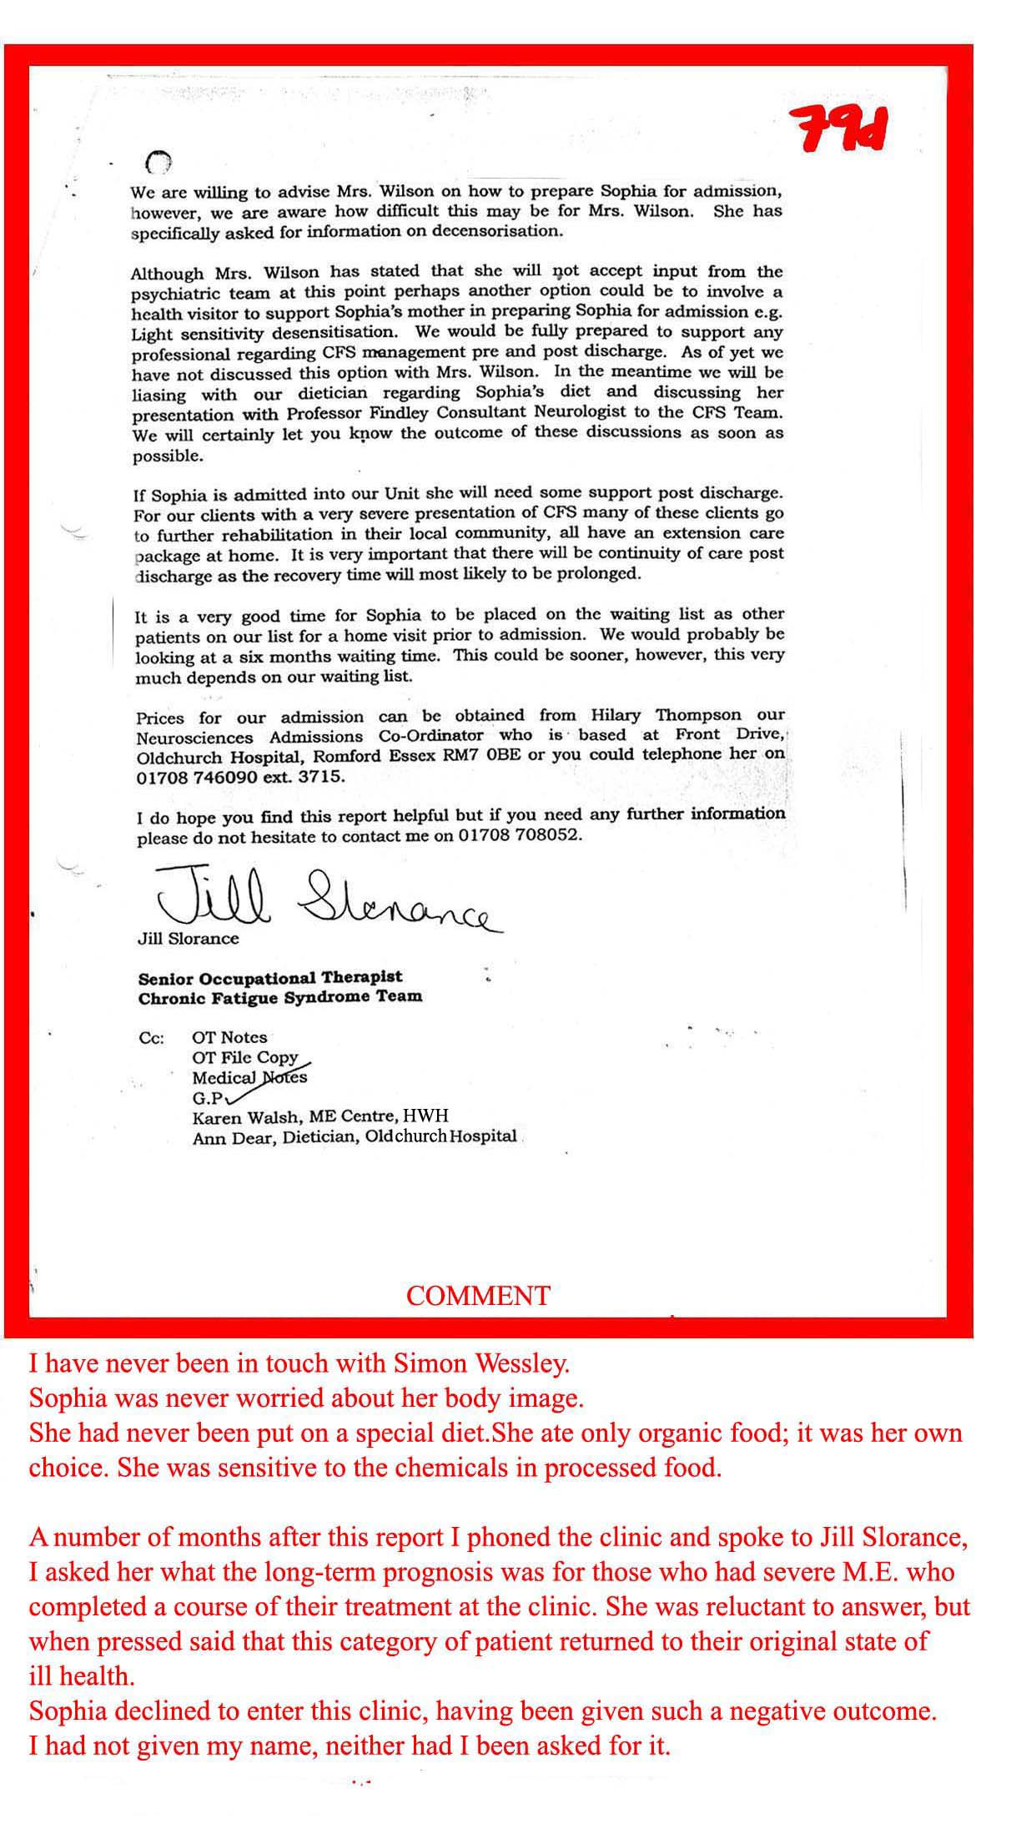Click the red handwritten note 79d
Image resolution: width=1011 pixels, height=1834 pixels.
(x=842, y=130)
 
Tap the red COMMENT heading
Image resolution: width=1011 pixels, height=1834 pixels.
(x=478, y=1295)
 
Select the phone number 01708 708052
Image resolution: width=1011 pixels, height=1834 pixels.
(x=518, y=835)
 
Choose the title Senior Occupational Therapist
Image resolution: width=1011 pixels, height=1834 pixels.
(x=270, y=977)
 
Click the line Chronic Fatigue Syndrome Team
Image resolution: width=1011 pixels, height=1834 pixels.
(x=280, y=997)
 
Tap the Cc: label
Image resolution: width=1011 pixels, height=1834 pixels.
(x=151, y=1039)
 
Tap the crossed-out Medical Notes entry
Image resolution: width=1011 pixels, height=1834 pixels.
(x=249, y=1078)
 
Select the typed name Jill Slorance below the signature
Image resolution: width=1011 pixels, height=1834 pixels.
(x=188, y=939)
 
